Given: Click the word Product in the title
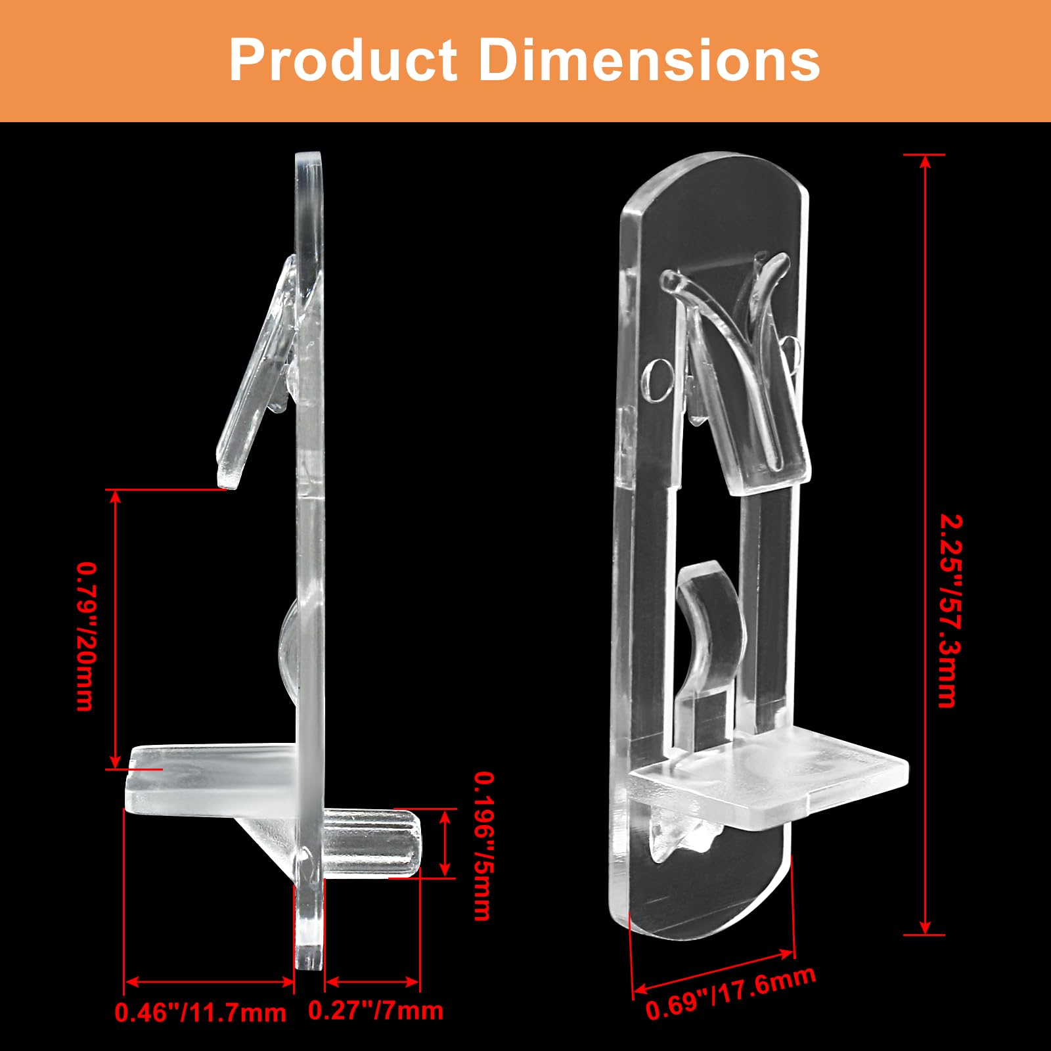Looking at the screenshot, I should coord(343,60).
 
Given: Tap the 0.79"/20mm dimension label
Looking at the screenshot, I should coord(86,636).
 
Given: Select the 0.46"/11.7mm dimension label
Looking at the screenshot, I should coord(200,1012).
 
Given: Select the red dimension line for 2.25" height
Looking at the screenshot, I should coord(925,545).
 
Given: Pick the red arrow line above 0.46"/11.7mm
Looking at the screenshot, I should coord(209,982).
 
